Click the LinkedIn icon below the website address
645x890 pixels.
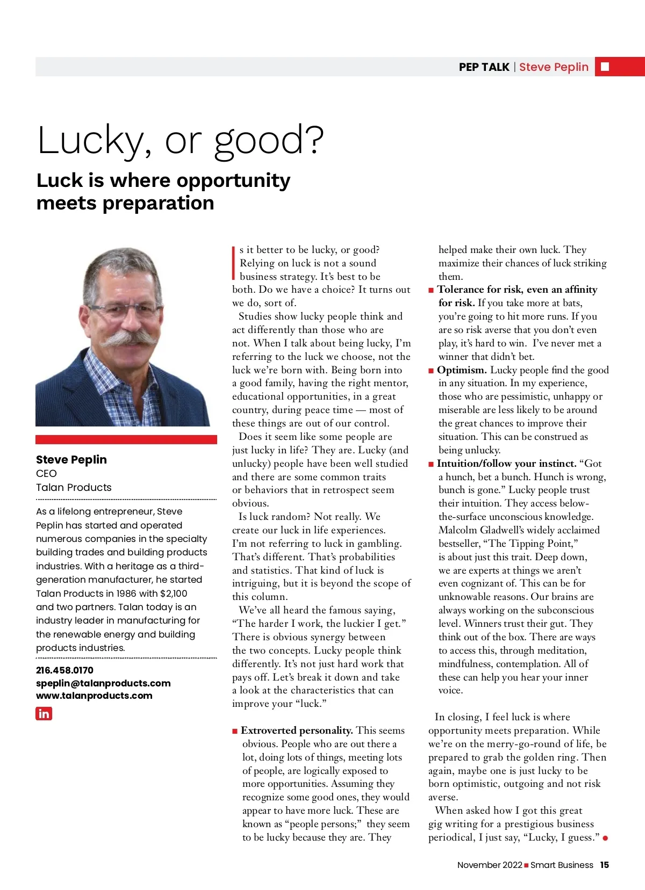[44, 713]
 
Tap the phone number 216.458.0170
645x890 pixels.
[64, 670]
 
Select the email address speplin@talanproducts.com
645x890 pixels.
[103, 683]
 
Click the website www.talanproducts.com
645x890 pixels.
[94, 696]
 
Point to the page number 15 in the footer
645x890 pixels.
[605, 865]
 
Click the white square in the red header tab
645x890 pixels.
[605, 67]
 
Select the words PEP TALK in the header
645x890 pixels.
[484, 67]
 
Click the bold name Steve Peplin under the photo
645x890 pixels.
[71, 460]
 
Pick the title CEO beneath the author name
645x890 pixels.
[46, 474]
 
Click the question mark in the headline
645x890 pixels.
[314, 140]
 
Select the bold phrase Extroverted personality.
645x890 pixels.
[297, 730]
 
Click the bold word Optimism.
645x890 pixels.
[462, 370]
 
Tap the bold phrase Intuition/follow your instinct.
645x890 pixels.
[506, 464]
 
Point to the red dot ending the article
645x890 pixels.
[605, 838]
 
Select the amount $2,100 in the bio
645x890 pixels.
[174, 594]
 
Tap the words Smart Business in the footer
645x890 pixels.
[562, 865]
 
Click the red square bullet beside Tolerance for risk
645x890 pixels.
[431, 290]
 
